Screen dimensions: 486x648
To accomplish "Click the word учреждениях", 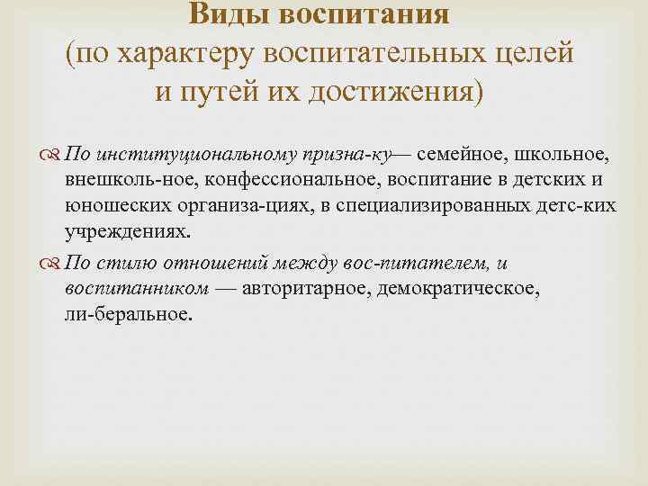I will click(127, 231).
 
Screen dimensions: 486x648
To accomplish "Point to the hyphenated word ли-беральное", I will click(127, 315).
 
